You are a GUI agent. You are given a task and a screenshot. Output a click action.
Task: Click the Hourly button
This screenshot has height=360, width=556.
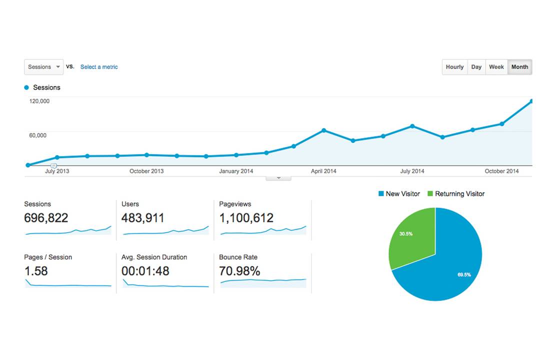[x=454, y=67]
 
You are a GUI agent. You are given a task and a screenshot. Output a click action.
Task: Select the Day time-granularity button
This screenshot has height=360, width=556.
[x=476, y=67]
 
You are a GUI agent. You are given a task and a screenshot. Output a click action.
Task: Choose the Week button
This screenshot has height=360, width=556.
[x=496, y=67]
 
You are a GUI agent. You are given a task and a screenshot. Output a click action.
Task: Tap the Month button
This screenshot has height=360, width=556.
[x=519, y=67]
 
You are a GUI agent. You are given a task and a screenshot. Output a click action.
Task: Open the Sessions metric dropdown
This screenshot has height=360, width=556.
[x=44, y=67]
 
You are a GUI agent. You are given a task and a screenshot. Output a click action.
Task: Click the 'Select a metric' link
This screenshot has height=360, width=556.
[x=99, y=67]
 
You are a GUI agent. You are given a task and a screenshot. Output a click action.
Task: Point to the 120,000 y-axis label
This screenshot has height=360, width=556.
[x=39, y=101]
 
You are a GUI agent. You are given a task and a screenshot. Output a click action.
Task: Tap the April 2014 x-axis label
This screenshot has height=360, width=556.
[x=323, y=171]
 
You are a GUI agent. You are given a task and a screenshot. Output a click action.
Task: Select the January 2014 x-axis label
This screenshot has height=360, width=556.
[x=236, y=171]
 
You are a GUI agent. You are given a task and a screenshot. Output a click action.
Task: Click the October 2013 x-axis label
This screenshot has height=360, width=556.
[x=146, y=171]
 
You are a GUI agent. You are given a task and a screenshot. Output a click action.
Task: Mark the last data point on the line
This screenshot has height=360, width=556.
[x=531, y=101]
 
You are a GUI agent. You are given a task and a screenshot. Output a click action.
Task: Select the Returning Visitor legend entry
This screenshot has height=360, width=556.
[x=455, y=194]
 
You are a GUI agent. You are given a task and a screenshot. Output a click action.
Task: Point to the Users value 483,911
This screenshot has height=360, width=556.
[x=143, y=218]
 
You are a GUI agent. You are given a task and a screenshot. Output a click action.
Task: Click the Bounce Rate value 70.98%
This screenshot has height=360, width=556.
[x=240, y=271]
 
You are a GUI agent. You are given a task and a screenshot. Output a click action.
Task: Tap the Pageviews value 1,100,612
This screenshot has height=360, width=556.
[x=246, y=218]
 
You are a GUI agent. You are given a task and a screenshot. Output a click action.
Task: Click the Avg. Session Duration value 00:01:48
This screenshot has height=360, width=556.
[x=145, y=271]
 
